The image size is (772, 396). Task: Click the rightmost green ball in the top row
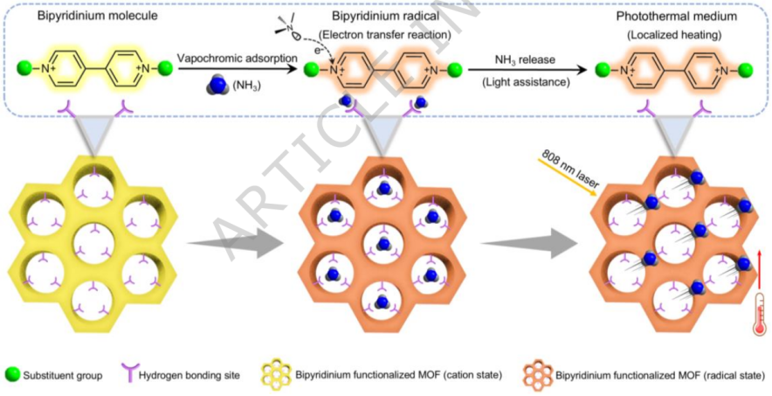pos(746,69)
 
